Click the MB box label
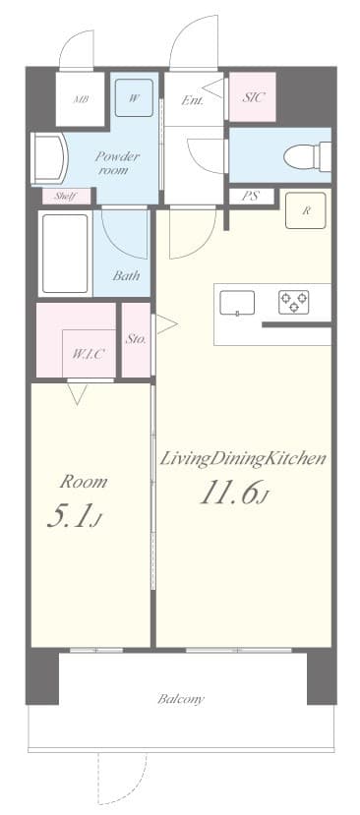80,100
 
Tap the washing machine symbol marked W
134,97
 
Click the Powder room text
117,162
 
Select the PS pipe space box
251,196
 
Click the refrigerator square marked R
306,210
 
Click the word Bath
126,276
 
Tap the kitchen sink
237,304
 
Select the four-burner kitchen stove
292,303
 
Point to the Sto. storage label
136,339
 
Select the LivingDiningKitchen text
243,459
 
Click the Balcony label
181,699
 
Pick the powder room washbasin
47,159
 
